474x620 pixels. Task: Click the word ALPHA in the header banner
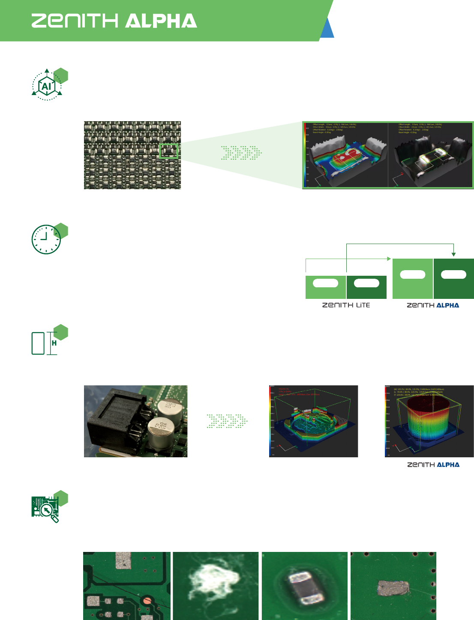[x=162, y=21]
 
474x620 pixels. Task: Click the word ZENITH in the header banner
[x=75, y=21]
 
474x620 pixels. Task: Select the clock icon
[x=46, y=239]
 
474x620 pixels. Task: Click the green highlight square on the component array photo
[x=168, y=151]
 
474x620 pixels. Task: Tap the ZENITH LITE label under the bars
[x=346, y=305]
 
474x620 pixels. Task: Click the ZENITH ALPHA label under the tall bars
[x=433, y=305]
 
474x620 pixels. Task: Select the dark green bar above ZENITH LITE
[x=366, y=287]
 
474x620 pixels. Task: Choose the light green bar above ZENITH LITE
[x=326, y=287]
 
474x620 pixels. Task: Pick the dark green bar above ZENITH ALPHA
[x=454, y=279]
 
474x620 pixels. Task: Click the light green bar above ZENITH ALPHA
[x=413, y=279]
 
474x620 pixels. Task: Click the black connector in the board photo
[x=114, y=421]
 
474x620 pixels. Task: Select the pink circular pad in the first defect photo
[x=147, y=600]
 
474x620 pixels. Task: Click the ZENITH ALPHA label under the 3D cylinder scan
[x=433, y=465]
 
